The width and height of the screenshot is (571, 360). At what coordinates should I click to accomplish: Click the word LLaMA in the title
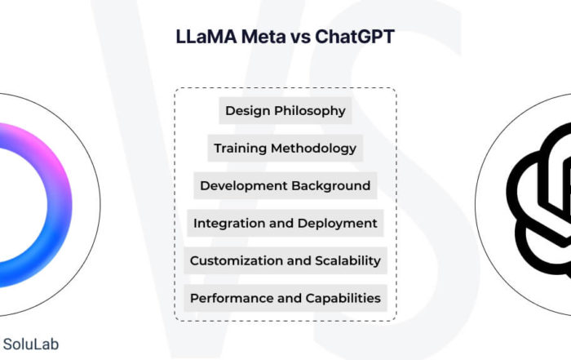click(206, 37)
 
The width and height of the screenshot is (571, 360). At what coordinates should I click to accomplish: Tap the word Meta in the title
click(263, 37)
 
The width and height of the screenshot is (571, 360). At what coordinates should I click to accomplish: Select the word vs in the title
click(300, 38)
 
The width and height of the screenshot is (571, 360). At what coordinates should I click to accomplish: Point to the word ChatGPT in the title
click(355, 37)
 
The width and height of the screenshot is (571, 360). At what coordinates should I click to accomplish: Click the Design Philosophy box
click(285, 110)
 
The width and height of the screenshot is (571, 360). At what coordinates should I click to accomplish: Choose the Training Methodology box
click(285, 148)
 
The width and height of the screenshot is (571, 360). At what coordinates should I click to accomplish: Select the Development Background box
click(285, 185)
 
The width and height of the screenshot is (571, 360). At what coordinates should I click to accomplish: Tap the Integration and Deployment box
click(285, 223)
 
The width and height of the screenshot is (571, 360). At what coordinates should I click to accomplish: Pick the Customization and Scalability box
click(285, 260)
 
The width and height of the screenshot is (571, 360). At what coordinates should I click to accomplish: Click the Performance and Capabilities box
click(285, 298)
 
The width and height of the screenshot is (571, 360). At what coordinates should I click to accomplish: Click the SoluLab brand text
click(31, 344)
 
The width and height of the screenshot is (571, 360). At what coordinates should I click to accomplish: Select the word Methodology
click(313, 149)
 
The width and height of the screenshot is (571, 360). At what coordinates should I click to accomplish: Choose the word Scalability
click(347, 261)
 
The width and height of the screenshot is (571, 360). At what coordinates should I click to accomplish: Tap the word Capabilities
click(343, 299)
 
